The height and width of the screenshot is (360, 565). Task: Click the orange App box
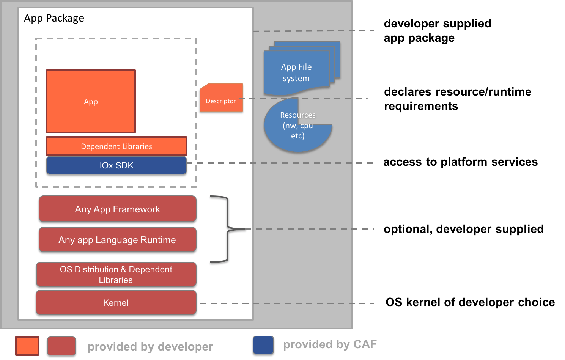[x=91, y=101]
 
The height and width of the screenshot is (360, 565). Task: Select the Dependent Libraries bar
[x=116, y=146]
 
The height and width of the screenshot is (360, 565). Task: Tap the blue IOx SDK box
[x=116, y=165]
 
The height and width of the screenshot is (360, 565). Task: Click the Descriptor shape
[x=221, y=98]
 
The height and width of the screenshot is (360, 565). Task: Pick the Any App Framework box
[x=118, y=209]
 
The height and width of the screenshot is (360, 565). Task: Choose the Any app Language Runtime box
[x=118, y=240]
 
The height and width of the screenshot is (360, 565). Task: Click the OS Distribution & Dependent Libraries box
[x=116, y=275]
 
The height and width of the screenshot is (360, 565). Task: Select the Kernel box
[x=116, y=302]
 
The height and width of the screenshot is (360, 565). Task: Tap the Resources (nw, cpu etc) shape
[x=297, y=125]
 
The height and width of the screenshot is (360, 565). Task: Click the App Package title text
[x=54, y=18]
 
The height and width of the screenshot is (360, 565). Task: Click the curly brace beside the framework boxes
[x=228, y=229]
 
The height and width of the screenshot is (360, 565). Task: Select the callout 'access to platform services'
[x=461, y=162]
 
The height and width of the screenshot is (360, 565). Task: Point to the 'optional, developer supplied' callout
[x=464, y=229]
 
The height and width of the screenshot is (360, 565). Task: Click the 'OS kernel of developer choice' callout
[x=470, y=302]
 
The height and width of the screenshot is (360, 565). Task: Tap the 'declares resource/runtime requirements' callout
[x=458, y=99]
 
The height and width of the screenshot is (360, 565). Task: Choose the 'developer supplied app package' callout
[x=438, y=31]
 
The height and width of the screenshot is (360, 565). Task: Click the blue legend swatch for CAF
[x=263, y=345]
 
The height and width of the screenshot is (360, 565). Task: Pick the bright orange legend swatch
[x=27, y=346]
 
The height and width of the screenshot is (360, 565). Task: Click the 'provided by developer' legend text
[x=150, y=347]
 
